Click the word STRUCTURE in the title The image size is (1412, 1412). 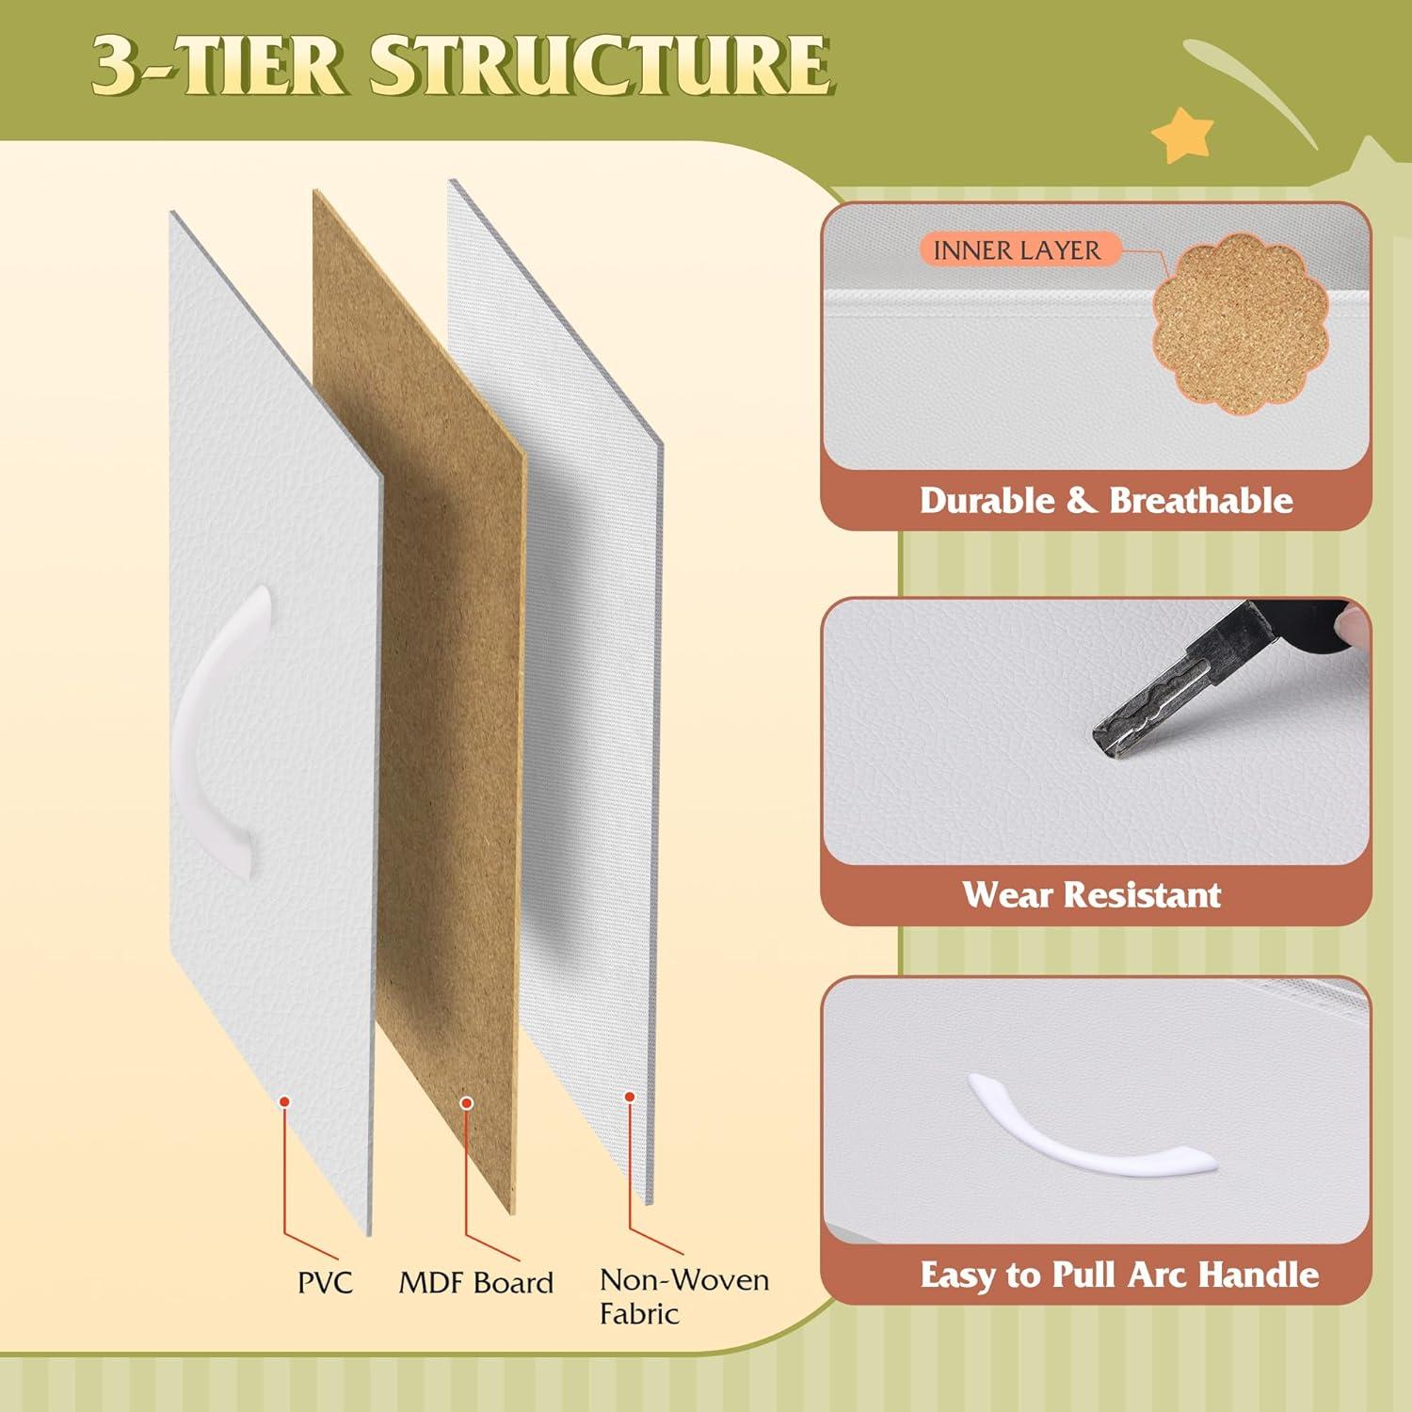(601, 65)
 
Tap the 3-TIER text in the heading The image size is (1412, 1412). (218, 65)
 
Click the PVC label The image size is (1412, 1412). (325, 1282)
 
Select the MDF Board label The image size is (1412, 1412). (475, 1282)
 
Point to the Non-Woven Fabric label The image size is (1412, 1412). (684, 1296)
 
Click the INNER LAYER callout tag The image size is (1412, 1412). (1017, 250)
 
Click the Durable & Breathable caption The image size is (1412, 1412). (1106, 500)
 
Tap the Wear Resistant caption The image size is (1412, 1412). (1092, 894)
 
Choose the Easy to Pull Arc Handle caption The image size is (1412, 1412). (1119, 1275)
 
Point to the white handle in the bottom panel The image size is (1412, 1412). (1092, 1130)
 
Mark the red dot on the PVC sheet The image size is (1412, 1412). (284, 1100)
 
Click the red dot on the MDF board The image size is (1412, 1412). (465, 1100)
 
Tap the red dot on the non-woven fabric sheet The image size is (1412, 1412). (630, 1096)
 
